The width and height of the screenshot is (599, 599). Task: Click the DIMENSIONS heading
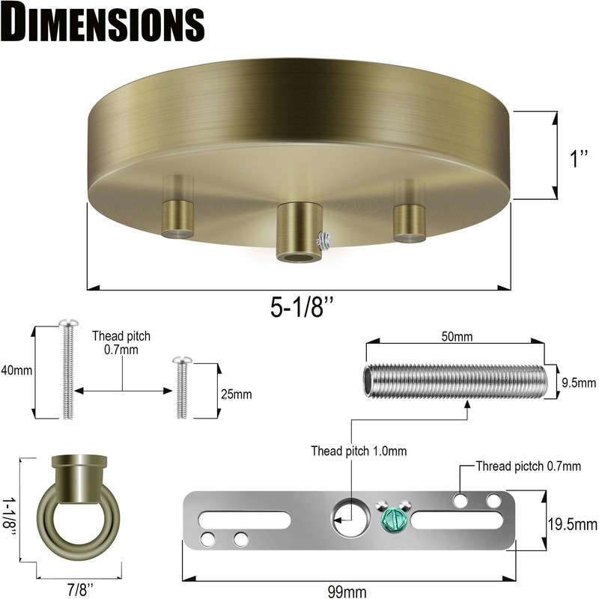click(x=103, y=23)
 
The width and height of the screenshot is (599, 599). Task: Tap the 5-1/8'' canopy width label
click(x=302, y=307)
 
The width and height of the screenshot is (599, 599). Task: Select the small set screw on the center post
click(x=323, y=240)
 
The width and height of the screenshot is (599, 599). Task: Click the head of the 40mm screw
click(x=68, y=323)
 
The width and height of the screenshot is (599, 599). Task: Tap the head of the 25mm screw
click(x=182, y=360)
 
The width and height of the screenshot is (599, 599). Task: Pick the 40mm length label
click(x=16, y=370)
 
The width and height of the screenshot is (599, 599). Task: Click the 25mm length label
click(x=237, y=394)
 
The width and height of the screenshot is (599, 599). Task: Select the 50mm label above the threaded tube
click(x=457, y=336)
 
